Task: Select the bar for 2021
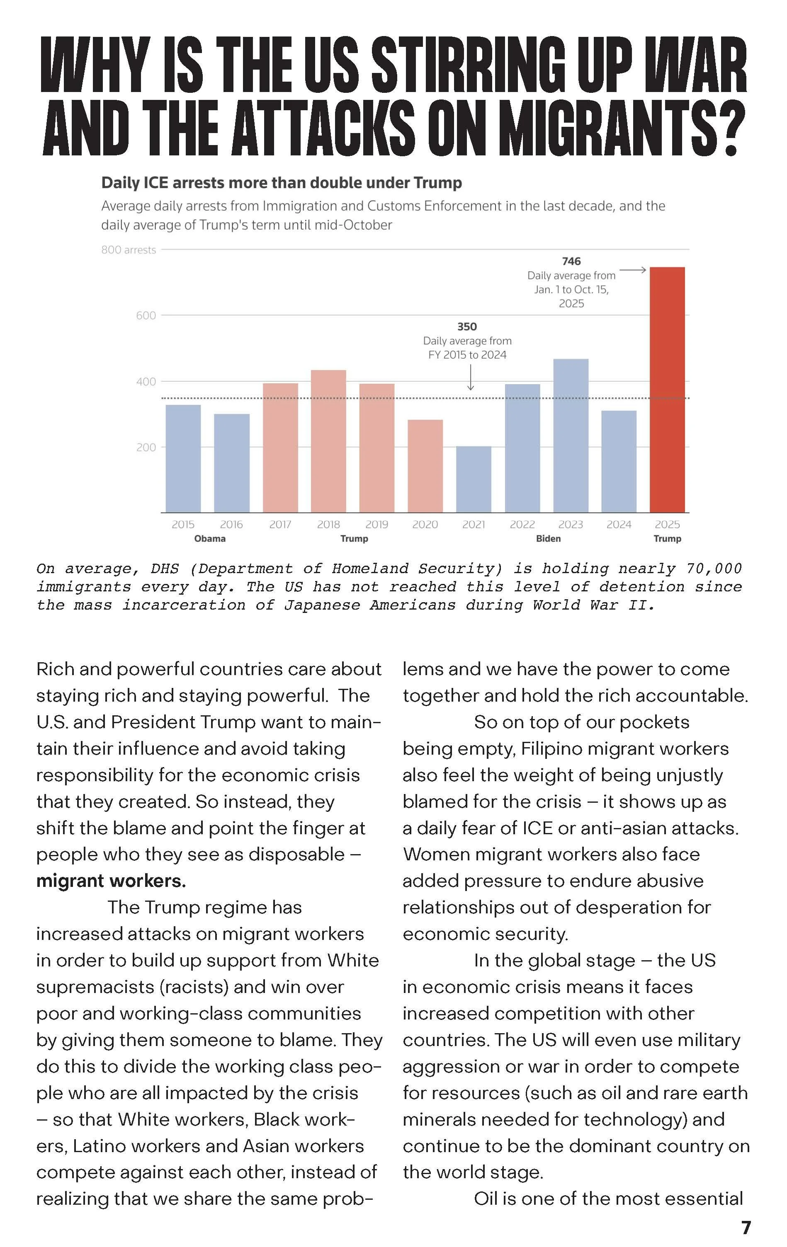[x=473, y=479]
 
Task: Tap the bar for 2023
[x=571, y=436]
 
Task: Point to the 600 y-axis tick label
[x=146, y=315]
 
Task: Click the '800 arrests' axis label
[x=129, y=249]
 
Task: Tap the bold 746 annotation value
[x=571, y=261]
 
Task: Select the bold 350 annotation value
[x=467, y=326]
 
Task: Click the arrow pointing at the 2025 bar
[x=633, y=270]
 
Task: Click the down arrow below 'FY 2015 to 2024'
[x=471, y=378]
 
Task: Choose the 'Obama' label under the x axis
[x=210, y=539]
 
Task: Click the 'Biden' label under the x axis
[x=548, y=539]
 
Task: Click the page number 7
[x=746, y=1228]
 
